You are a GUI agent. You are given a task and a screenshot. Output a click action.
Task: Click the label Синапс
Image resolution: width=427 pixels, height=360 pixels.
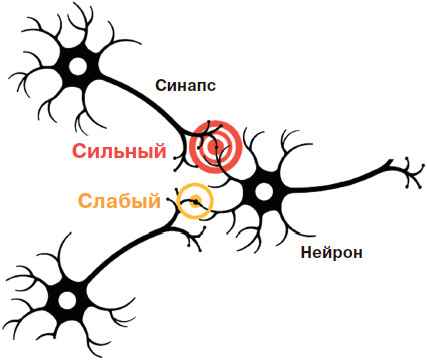click(185, 85)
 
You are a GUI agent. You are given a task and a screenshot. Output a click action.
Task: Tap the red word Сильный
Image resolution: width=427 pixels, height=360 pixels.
click(119, 151)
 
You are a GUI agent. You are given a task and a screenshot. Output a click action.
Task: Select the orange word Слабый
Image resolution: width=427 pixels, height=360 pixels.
click(119, 201)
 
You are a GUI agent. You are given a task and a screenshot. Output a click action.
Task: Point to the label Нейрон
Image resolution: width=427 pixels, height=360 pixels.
click(331, 252)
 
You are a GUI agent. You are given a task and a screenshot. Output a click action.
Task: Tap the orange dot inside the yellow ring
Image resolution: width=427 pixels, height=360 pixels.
click(195, 201)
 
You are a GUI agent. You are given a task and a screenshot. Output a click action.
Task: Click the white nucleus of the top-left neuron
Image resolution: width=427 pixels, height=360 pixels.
click(78, 66)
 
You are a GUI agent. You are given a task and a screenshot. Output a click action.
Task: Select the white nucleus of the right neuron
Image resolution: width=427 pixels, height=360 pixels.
click(264, 191)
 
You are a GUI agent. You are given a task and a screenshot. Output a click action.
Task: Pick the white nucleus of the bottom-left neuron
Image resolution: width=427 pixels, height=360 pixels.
click(67, 300)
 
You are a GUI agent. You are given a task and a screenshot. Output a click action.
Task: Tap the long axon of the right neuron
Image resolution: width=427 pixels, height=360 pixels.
click(333, 183)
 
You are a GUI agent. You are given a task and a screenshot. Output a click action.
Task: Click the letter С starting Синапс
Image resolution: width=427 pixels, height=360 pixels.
click(160, 86)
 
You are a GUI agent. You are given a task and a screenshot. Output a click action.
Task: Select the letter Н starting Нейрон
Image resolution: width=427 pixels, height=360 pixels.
click(306, 252)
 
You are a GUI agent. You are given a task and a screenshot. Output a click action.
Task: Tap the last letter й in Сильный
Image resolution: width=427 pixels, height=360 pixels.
click(159, 150)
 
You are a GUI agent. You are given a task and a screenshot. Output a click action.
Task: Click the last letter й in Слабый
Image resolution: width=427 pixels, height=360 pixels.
click(154, 200)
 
